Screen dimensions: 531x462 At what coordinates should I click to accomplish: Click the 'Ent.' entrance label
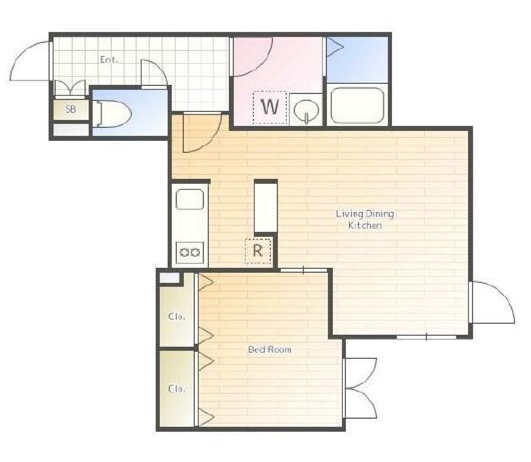pos(109,60)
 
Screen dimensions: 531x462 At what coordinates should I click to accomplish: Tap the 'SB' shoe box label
pos(71,109)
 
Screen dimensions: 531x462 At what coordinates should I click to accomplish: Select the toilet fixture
pos(112,113)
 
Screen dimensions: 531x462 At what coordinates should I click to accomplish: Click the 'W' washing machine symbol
pos(270,107)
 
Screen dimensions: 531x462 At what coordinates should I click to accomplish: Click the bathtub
pos(357,105)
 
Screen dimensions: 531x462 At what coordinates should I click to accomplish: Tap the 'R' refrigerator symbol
pos(258,251)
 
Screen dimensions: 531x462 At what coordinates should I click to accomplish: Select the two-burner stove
pos(190,252)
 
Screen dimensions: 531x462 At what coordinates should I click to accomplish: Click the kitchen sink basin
pos(190,199)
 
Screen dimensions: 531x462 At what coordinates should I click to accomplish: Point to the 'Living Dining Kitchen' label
pos(365,220)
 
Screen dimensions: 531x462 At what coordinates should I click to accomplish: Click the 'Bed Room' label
pos(270,350)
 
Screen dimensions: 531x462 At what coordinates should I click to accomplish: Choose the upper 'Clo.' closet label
pos(176,316)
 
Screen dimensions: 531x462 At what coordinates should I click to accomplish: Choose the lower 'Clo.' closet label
pos(176,389)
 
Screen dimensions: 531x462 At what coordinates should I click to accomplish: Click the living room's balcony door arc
pos(505,294)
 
